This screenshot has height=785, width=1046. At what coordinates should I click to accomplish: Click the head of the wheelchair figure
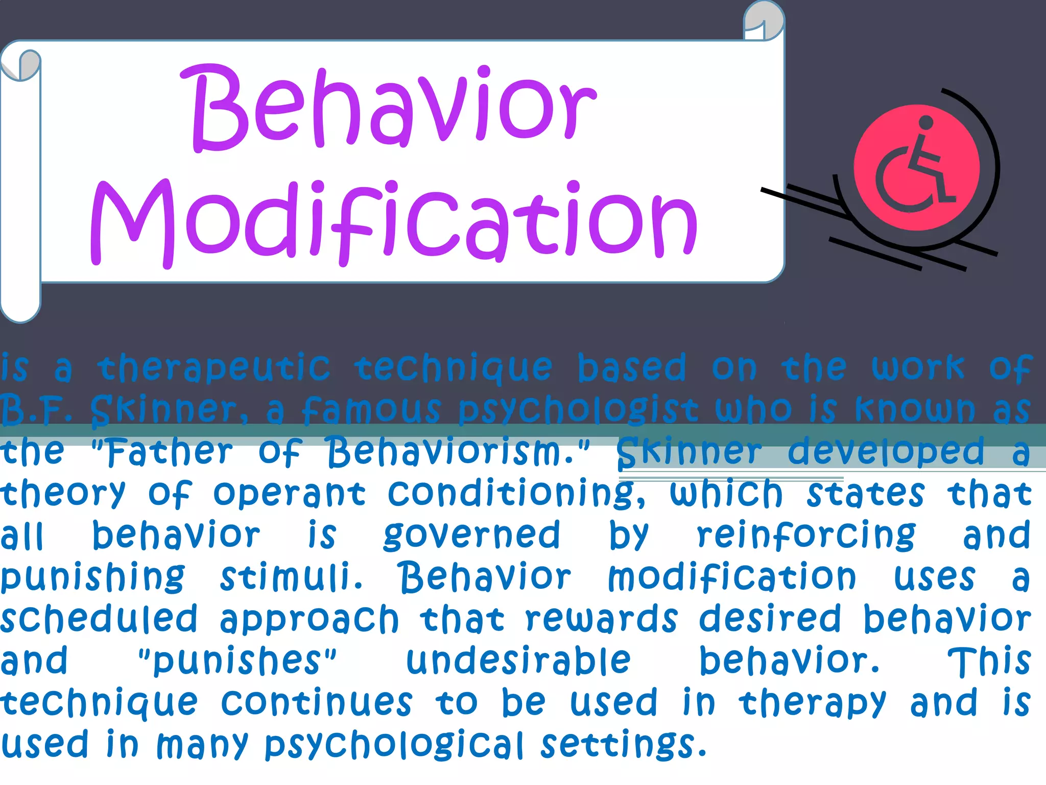coord(925,123)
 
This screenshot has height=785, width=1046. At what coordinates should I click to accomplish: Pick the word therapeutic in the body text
coord(215,368)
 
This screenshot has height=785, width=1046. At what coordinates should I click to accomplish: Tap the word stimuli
coord(291,578)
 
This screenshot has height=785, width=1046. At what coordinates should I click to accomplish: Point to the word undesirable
coord(518,660)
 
